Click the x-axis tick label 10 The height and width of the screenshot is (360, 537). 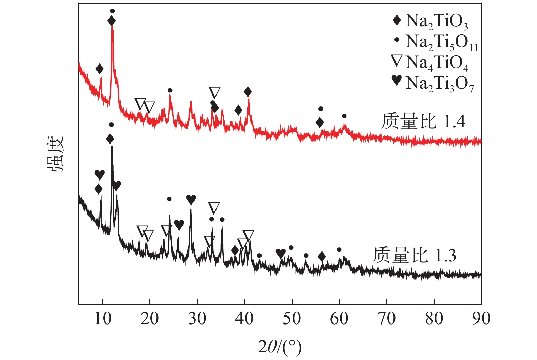click(102, 318)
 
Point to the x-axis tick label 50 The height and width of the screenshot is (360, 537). click(292, 318)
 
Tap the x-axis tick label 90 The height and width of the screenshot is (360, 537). click(481, 318)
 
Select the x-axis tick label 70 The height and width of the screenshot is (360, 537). click(387, 318)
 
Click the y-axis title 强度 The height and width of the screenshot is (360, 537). click(56, 154)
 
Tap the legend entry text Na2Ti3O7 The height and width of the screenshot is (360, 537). click(440, 84)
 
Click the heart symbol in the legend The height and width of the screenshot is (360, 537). click(397, 81)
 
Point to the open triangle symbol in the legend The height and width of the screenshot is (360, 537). click(397, 61)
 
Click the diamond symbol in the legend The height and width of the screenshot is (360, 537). click(397, 20)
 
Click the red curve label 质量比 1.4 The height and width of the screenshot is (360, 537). click(423, 121)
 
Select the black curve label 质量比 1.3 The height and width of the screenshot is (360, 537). click(414, 255)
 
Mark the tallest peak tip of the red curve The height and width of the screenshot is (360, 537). click(112, 26)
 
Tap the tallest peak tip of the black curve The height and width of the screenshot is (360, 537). click(112, 147)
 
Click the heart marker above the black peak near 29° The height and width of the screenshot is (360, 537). click(191, 200)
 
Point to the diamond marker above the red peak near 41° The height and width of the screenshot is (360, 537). click(248, 91)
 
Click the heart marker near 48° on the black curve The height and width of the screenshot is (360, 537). click(281, 253)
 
